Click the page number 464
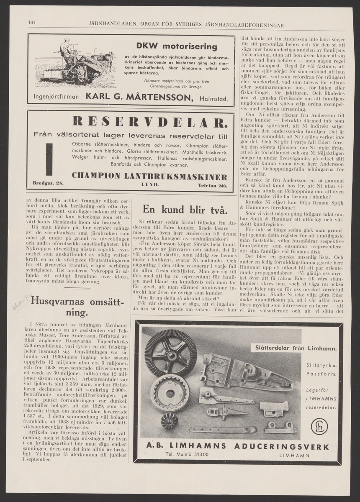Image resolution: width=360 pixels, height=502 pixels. pos(33,23)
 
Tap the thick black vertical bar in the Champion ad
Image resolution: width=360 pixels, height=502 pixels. pos(49,159)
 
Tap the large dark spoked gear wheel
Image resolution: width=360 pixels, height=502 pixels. pos(170,353)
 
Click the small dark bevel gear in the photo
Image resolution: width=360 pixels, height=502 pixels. pos(169,421)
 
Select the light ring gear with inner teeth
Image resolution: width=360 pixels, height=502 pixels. pos(170,393)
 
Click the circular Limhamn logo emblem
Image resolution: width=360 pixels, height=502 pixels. pos(319,426)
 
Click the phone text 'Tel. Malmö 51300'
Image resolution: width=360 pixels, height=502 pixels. pos(187,455)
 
